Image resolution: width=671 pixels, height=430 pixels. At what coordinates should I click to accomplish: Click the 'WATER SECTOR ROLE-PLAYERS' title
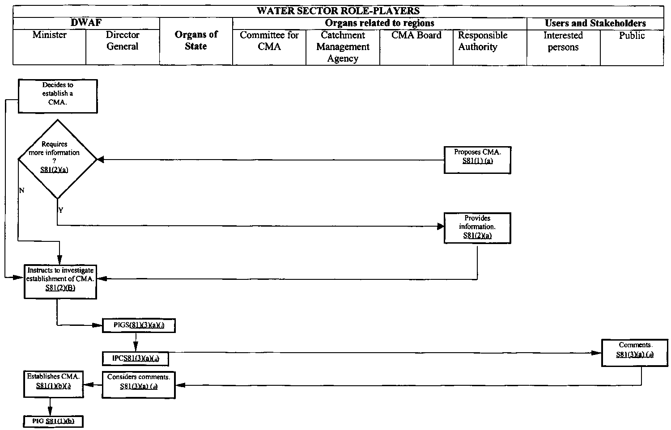[x=338, y=11]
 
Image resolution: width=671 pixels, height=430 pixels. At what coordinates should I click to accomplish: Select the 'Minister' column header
[x=49, y=35]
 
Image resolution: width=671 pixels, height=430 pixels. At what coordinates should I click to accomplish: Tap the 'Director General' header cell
[x=122, y=41]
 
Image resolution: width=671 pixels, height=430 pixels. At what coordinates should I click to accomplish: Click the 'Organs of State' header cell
[x=196, y=41]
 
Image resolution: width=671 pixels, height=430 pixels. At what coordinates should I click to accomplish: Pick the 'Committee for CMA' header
[x=269, y=41]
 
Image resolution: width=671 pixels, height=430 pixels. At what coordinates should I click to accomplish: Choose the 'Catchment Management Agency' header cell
[x=343, y=46]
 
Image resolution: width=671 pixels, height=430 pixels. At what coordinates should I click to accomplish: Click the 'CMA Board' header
[x=416, y=35]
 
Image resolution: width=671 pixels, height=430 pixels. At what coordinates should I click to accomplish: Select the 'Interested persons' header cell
[x=563, y=41]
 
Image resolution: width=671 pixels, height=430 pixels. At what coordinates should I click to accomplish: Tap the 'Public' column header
[x=632, y=35]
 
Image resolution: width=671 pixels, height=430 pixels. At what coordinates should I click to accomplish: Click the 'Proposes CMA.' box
[x=477, y=160]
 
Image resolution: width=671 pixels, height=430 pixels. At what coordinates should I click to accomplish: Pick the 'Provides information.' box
[x=477, y=228]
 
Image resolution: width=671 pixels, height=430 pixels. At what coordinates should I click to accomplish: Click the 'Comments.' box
[x=635, y=353]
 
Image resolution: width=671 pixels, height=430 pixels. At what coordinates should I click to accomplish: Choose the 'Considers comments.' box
[x=139, y=384]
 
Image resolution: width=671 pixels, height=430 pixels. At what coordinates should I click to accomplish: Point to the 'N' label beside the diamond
[x=21, y=191]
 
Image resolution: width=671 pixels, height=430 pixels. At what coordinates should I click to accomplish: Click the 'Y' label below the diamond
[x=61, y=210]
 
